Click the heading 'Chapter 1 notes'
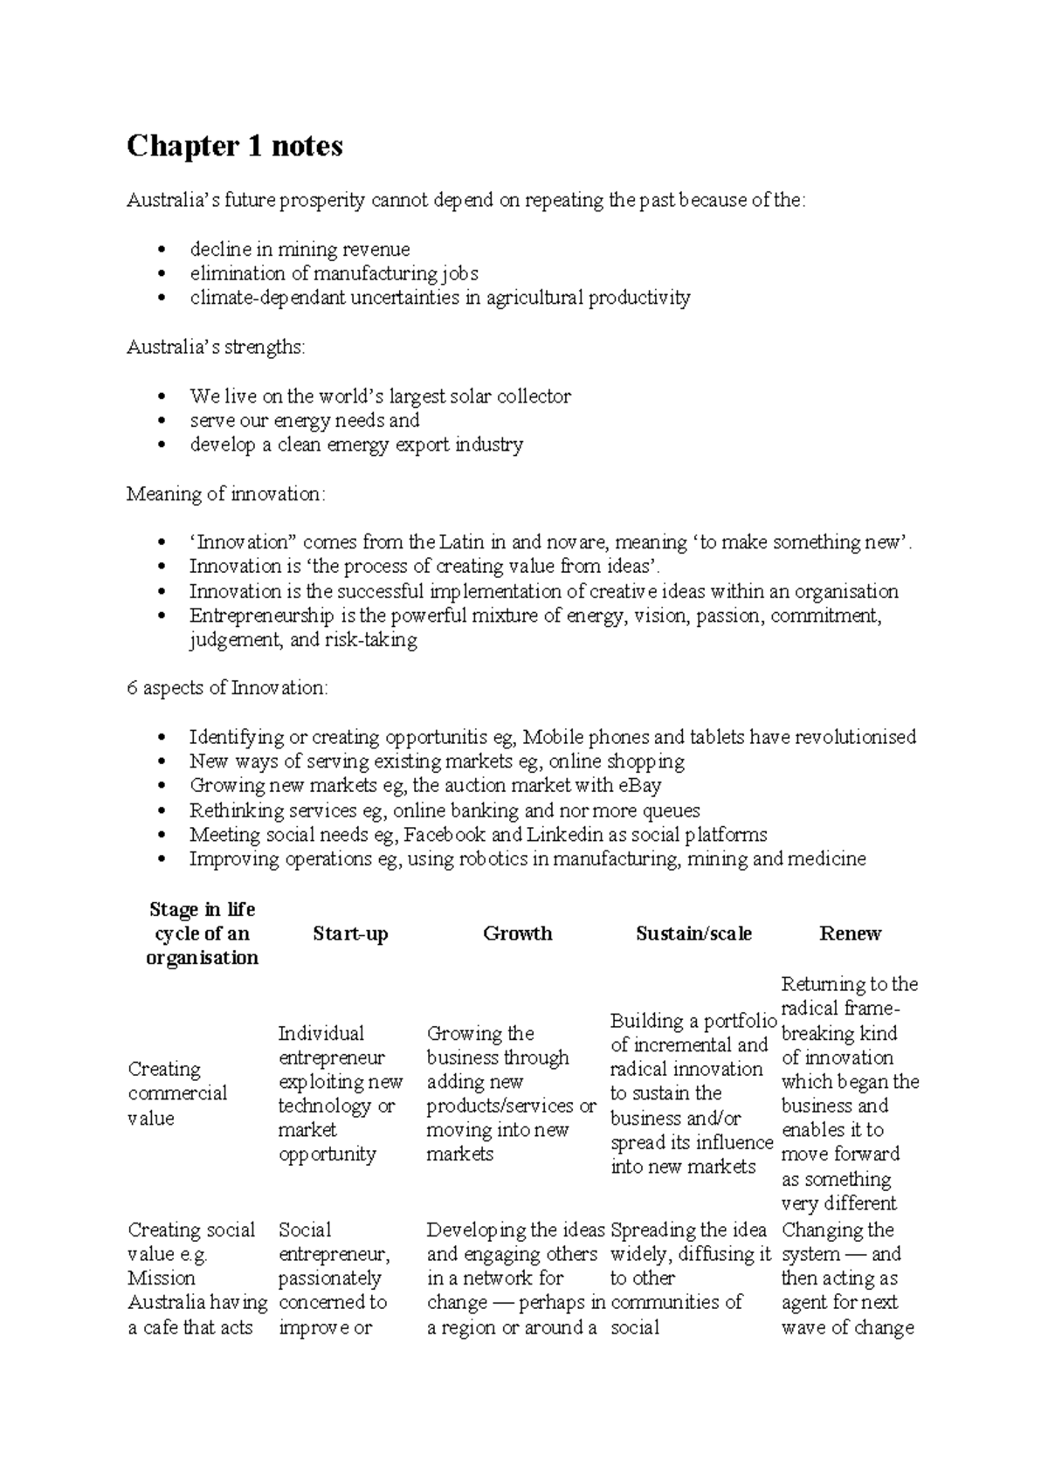pyautogui.click(x=234, y=146)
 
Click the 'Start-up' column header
pyautogui.click(x=350, y=933)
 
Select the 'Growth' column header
pyautogui.click(x=517, y=933)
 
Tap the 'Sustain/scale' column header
pyautogui.click(x=693, y=933)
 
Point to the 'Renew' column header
pyautogui.click(x=850, y=933)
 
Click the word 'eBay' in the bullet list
pyautogui.click(x=637, y=785)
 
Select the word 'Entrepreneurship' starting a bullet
pyautogui.click(x=261, y=616)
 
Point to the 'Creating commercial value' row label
pyautogui.click(x=177, y=1093)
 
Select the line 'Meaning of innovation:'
pyautogui.click(x=225, y=494)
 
